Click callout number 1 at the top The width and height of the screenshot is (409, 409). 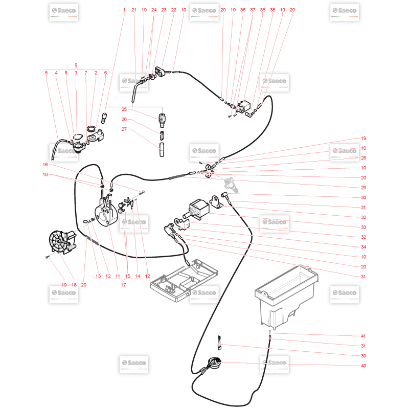[x=124, y=10]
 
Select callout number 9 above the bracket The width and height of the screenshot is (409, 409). [x=76, y=65]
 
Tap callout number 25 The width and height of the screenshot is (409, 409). [x=124, y=109]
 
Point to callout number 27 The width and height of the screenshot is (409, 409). [x=124, y=129]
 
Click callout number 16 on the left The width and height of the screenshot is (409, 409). [x=46, y=165]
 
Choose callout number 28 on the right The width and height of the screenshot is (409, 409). [x=363, y=158]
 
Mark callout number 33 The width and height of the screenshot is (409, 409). [x=363, y=227]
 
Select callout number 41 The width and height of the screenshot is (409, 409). [x=363, y=336]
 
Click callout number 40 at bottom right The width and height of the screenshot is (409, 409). [x=363, y=366]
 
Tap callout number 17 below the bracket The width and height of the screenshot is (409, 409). [x=123, y=285]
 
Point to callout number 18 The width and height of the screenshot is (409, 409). [x=74, y=285]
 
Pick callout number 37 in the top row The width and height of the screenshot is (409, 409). [x=253, y=10]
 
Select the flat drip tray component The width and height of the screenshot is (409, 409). [x=184, y=281]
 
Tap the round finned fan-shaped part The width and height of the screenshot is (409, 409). [x=62, y=241]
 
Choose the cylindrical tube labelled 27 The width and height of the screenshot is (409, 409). [x=162, y=150]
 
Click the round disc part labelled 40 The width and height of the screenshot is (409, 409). [x=214, y=363]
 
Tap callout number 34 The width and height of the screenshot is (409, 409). [x=363, y=247]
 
